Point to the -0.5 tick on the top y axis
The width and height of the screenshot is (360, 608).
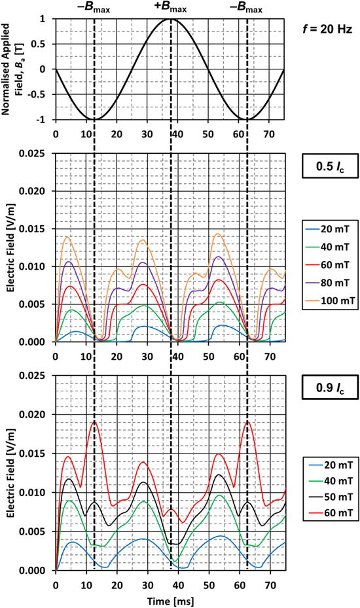[44, 94]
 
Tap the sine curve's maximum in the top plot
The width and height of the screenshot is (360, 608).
[171, 19]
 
